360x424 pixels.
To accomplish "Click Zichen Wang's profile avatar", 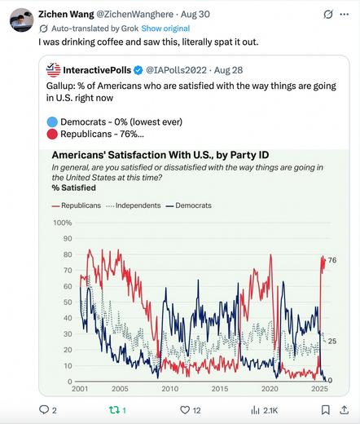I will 21,20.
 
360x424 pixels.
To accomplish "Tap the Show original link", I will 165,27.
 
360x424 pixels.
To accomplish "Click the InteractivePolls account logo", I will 55,70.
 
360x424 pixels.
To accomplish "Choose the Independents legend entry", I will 132,205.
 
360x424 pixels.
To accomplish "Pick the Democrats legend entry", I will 189,205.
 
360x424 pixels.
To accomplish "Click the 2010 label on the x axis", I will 169,390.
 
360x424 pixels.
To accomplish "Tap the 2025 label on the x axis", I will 318,390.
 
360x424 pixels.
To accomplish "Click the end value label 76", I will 332,260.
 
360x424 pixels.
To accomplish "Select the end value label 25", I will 332,341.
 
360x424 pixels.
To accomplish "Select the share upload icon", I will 344,410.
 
